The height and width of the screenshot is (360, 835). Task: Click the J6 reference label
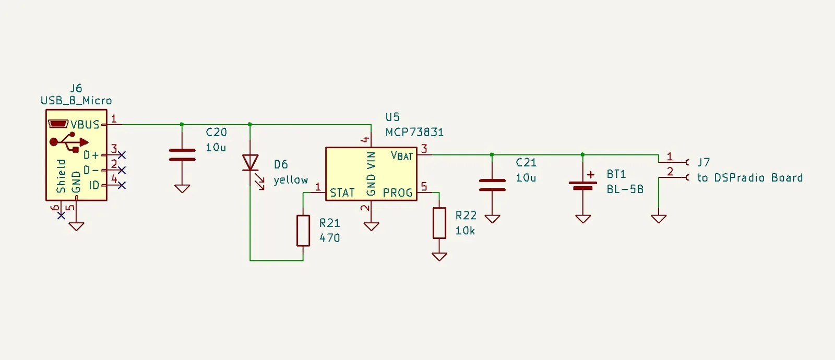point(76,88)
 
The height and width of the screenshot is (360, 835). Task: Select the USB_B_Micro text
point(76,101)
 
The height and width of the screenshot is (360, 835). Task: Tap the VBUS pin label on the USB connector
point(85,125)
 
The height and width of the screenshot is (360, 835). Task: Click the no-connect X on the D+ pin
point(122,154)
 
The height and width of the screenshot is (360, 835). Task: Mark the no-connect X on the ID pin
point(122,185)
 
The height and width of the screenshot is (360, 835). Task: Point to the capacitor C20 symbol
point(182,154)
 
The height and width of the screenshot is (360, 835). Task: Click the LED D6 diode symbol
point(250,163)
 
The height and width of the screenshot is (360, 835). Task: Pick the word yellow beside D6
point(291,180)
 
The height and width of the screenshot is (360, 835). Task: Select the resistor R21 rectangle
point(303,231)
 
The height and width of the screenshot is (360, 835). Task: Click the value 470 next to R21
point(329,238)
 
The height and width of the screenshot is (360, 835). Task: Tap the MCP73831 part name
point(414,133)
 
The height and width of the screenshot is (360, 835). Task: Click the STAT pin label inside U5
point(342,193)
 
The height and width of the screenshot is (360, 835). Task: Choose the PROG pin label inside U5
point(398,193)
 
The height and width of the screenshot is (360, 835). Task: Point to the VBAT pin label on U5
point(401,155)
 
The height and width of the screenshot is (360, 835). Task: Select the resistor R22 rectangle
point(439,223)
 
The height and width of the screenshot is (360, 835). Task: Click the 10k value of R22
point(465,231)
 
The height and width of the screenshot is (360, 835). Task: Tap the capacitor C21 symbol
point(492,185)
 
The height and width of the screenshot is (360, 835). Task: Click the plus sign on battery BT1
point(591,174)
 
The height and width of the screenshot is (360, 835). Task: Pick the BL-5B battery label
point(625,190)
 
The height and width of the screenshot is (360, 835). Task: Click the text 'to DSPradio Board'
point(750,178)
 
